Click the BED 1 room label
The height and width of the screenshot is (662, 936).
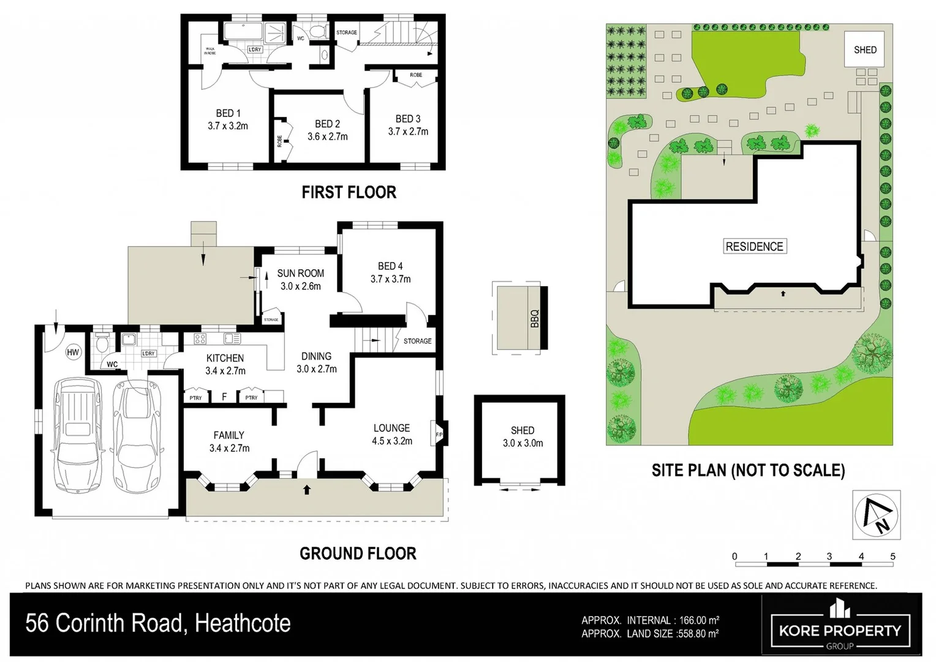228,113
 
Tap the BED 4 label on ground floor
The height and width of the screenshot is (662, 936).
390,266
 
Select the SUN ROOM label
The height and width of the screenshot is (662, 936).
300,273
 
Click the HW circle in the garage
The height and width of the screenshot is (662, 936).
73,352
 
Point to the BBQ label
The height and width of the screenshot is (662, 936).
534,318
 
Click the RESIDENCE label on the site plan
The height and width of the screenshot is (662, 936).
754,246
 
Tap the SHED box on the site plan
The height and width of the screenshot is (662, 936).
865,50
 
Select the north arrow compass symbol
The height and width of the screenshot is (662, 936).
877,514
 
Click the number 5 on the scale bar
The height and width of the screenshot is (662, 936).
893,557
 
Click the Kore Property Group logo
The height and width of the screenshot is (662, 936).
840,625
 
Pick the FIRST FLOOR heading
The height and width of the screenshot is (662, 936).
349,192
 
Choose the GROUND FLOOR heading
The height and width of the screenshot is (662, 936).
358,554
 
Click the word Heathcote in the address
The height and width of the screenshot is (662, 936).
243,623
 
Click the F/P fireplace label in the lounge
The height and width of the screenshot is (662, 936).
439,435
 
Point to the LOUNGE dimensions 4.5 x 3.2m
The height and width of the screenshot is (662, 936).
392,441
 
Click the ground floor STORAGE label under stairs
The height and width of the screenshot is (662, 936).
417,341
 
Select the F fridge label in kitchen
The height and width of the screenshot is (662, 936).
224,397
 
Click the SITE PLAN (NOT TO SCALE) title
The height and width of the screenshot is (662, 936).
748,470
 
